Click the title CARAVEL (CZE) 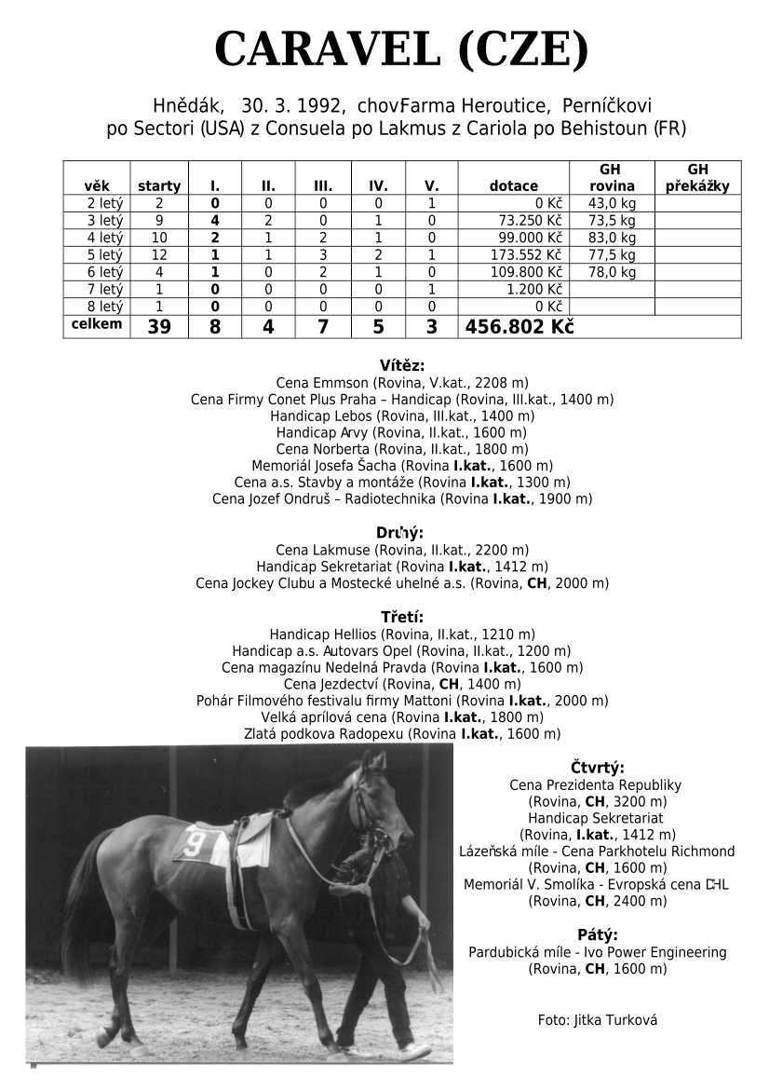coord(401,49)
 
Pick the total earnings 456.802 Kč coord(519,327)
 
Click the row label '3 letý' coord(104,221)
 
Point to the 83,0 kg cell coord(612,238)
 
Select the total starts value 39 coord(159,327)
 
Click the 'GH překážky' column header coord(697,178)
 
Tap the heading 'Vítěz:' coord(401,365)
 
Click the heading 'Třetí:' coord(401,617)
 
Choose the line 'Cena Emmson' coord(401,383)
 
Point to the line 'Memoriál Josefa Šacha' coord(401,466)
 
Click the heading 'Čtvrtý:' coord(597,768)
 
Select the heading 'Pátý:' coord(597,934)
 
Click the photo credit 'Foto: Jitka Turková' coord(597,1020)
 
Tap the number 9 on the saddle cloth coord(194,844)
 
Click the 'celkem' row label coord(96,324)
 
